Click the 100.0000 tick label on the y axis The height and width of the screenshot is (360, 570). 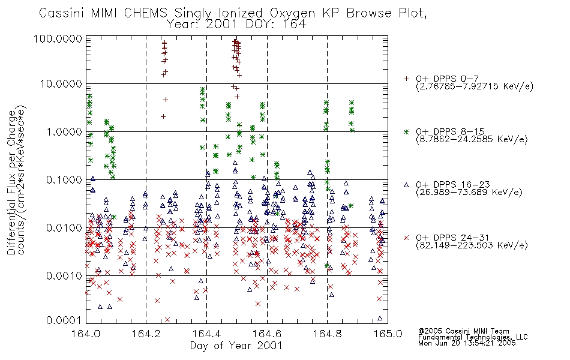pyautogui.click(x=58, y=39)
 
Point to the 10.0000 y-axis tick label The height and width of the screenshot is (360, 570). pyautogui.click(x=61, y=84)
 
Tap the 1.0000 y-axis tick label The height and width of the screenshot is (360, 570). pyautogui.click(x=64, y=132)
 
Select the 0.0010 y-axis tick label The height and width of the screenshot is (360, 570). pyautogui.click(x=64, y=276)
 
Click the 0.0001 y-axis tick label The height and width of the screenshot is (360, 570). pyautogui.click(x=64, y=320)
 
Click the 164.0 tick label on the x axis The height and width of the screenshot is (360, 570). pyautogui.click(x=86, y=334)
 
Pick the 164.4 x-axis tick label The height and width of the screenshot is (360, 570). pyautogui.click(x=207, y=334)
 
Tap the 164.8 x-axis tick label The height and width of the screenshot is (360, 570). pyautogui.click(x=328, y=334)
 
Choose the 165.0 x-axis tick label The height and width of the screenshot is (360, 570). pyautogui.click(x=388, y=334)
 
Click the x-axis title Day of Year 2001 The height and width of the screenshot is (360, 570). pyautogui.click(x=236, y=346)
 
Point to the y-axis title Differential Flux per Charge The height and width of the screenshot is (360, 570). pyautogui.click(x=11, y=182)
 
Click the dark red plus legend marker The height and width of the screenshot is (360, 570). pyautogui.click(x=406, y=79)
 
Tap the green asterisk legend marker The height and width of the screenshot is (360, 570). pyautogui.click(x=406, y=131)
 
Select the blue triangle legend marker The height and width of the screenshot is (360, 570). pyautogui.click(x=406, y=185)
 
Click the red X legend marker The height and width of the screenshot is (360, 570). pyautogui.click(x=406, y=238)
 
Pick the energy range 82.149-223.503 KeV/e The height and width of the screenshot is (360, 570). pyautogui.click(x=472, y=245)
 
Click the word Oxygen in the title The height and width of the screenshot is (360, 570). pyautogui.click(x=292, y=13)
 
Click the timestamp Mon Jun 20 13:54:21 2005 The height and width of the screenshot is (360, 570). pyautogui.click(x=467, y=343)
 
